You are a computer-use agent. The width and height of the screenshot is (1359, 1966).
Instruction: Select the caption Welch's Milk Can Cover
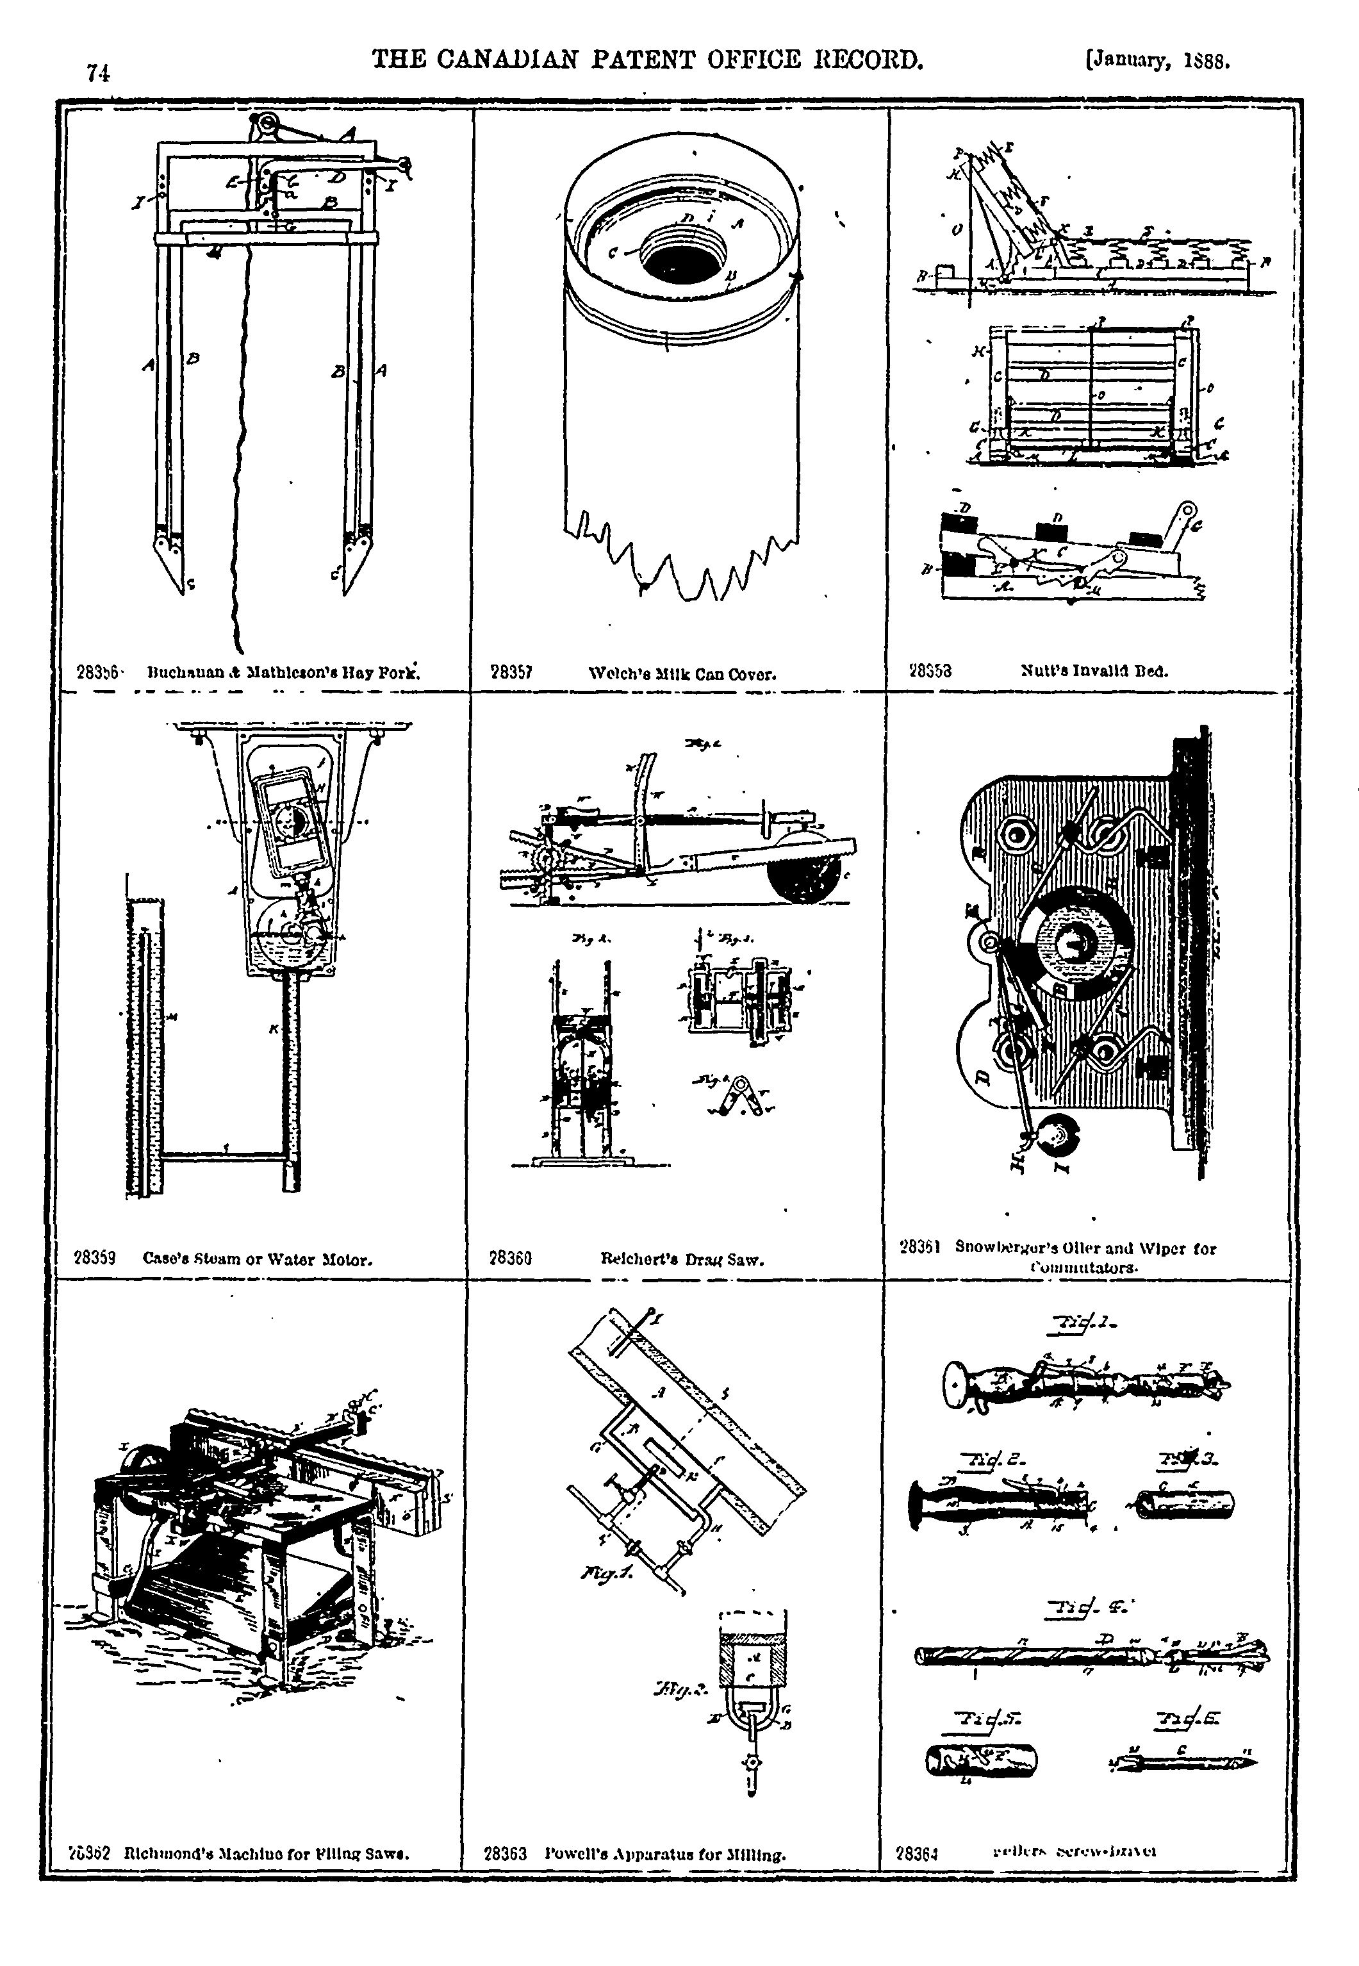pos(682,674)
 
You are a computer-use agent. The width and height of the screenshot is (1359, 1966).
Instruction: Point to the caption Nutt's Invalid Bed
pos(1094,671)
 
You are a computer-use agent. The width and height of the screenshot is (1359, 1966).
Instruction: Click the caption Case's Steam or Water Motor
pos(257,1259)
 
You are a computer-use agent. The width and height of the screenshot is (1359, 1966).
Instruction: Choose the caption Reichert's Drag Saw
pos(681,1259)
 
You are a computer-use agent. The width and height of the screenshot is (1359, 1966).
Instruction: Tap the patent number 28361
pos(919,1248)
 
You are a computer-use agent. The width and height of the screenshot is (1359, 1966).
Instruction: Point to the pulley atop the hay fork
pos(267,127)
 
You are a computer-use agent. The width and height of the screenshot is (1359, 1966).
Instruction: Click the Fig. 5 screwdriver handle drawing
pos(981,1760)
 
